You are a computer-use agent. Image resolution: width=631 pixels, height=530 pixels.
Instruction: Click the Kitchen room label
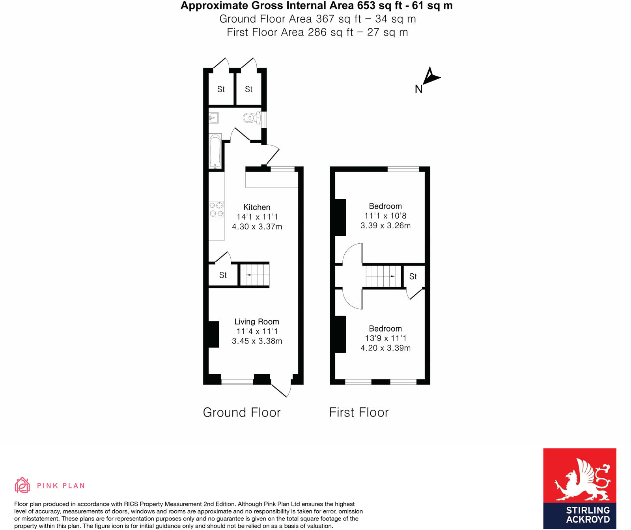click(257, 207)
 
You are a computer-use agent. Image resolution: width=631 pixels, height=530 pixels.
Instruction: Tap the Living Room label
click(257, 322)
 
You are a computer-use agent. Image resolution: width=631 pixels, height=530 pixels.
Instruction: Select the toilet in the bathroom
click(252, 118)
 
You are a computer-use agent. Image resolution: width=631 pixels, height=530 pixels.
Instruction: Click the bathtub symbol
click(215, 152)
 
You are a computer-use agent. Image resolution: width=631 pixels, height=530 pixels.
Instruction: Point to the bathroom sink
click(214, 118)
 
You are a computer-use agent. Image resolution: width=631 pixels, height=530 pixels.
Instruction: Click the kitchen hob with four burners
click(217, 209)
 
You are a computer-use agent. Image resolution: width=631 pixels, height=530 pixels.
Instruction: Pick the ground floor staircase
click(255, 275)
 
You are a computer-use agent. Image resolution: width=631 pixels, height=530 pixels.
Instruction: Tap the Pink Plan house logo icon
click(22, 485)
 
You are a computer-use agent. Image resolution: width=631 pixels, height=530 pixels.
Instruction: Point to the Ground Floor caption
click(242, 412)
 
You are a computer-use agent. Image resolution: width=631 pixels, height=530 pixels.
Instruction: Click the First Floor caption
click(359, 412)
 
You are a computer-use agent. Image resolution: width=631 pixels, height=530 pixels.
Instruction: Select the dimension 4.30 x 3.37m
click(257, 227)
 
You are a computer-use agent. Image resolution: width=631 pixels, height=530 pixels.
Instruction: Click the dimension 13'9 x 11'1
click(385, 338)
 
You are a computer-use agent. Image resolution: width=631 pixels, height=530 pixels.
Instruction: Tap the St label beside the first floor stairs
click(413, 276)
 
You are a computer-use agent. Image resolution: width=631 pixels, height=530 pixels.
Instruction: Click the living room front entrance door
click(282, 388)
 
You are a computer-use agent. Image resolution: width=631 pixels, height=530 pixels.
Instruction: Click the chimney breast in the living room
click(213, 334)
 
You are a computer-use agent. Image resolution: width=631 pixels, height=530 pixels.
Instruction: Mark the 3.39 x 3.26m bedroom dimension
click(385, 226)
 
